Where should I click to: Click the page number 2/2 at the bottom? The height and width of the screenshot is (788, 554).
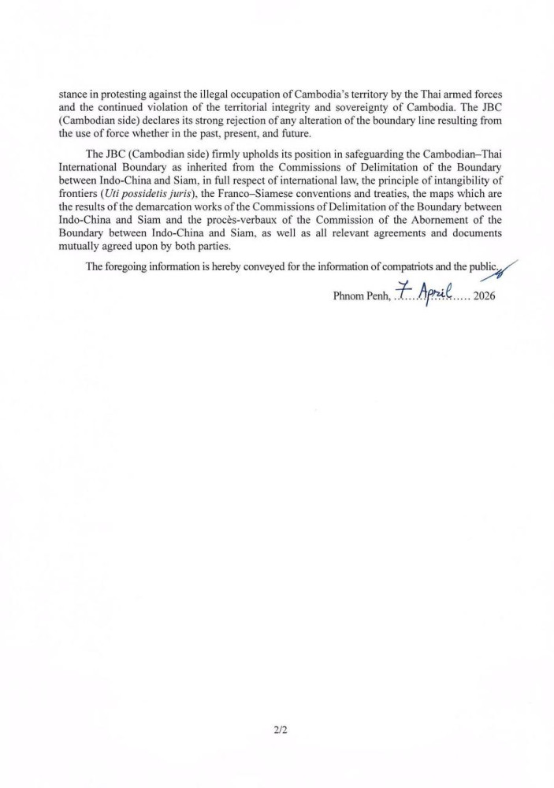pos(277,730)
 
